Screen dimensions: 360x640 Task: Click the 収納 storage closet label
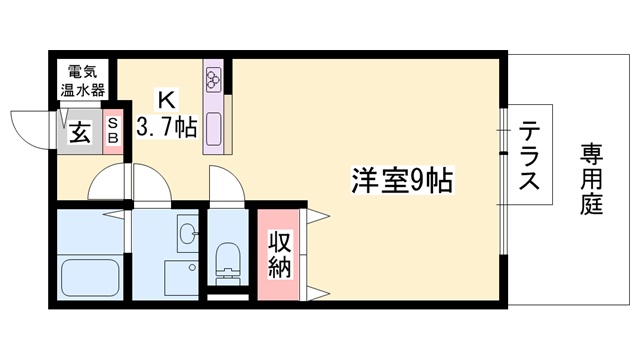coord(279,254)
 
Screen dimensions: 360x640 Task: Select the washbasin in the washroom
coord(186,234)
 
